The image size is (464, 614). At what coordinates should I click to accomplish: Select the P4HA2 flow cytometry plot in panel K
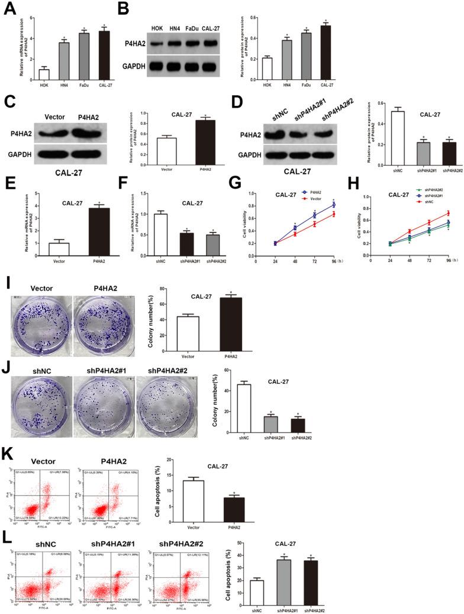click(108, 489)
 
